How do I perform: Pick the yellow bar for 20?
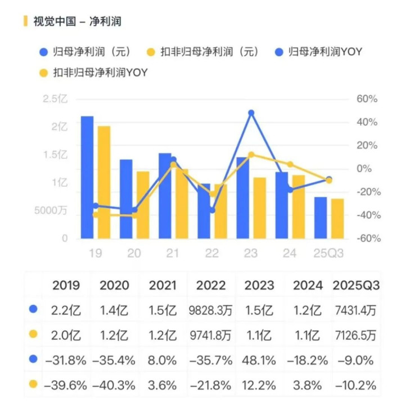(143, 205)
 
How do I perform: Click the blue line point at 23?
(251, 113)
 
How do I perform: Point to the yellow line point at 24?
(290, 164)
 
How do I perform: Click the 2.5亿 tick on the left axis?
(55, 99)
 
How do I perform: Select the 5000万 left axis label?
(51, 211)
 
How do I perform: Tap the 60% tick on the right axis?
(365, 99)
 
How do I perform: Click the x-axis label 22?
(211, 254)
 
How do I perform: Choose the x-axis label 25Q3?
(328, 254)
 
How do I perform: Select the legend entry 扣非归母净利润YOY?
(100, 72)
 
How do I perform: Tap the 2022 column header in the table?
(211, 285)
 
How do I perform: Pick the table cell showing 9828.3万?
(211, 310)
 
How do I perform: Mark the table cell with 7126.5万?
(356, 335)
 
